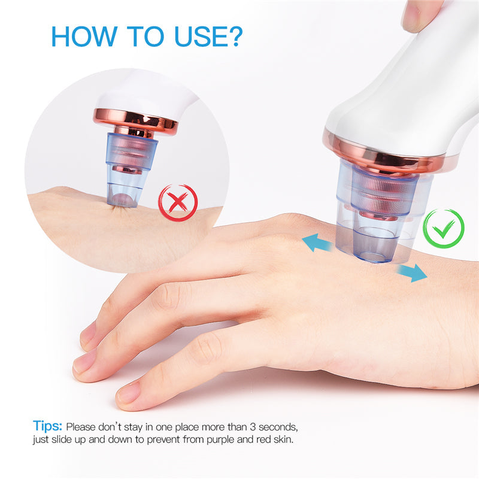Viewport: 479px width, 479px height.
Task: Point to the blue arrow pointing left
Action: tap(317, 242)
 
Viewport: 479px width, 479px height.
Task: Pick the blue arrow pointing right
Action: tap(412, 272)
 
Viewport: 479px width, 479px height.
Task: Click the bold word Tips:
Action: tap(48, 427)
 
